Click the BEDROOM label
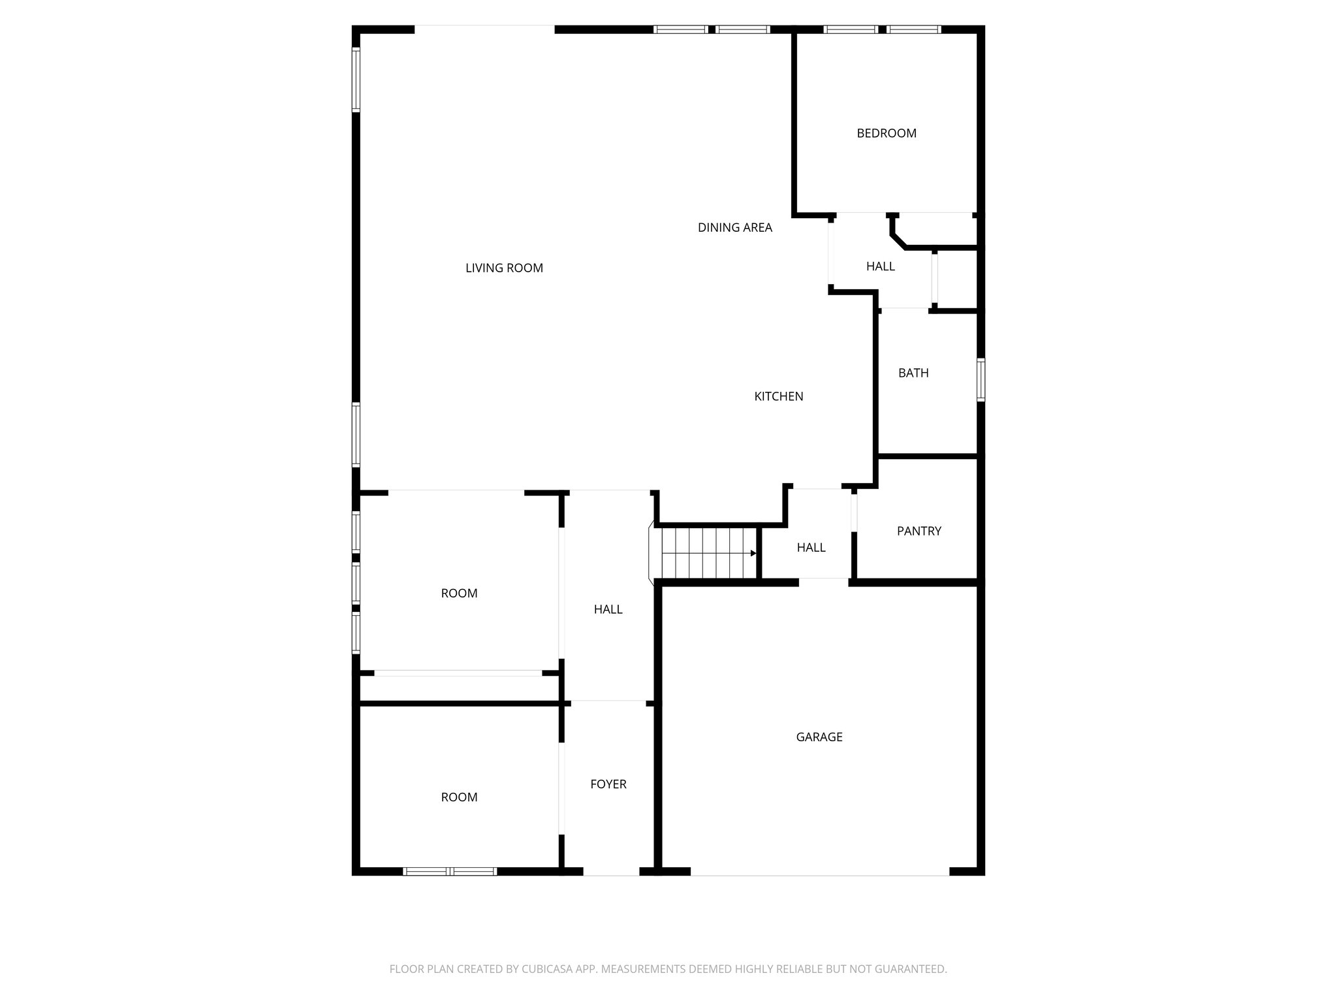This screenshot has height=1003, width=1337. click(x=886, y=133)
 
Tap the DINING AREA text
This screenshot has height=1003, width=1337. click(x=734, y=228)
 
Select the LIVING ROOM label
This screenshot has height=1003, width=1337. click(x=504, y=268)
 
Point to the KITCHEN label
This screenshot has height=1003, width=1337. click(x=778, y=396)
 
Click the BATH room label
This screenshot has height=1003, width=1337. click(x=913, y=373)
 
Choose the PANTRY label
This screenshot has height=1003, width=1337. click(x=919, y=531)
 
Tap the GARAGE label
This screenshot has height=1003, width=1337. click(x=819, y=737)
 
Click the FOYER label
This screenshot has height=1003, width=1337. click(x=608, y=784)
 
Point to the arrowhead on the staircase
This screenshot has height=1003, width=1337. click(x=753, y=553)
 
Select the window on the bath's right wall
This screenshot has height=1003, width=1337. click(x=981, y=379)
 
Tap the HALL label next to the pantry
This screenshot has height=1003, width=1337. click(x=811, y=548)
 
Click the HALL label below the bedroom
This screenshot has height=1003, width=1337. click(x=880, y=266)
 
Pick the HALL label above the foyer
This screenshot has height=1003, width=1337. click(x=608, y=609)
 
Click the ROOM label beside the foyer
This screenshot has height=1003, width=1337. click(x=459, y=797)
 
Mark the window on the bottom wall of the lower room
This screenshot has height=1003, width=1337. click(x=450, y=871)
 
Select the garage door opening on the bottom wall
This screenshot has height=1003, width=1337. click(x=819, y=872)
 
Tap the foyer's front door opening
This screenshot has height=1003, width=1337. click(x=610, y=872)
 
